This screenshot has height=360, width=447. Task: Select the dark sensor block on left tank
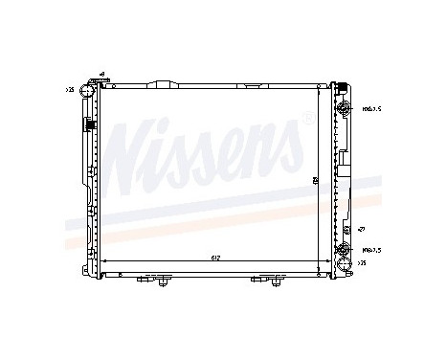pos(87,124)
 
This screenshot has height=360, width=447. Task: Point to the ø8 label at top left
pos(102,74)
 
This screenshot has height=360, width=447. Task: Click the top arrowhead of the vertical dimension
pos(317,89)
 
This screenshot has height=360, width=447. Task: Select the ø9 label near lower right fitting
pos(362,230)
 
